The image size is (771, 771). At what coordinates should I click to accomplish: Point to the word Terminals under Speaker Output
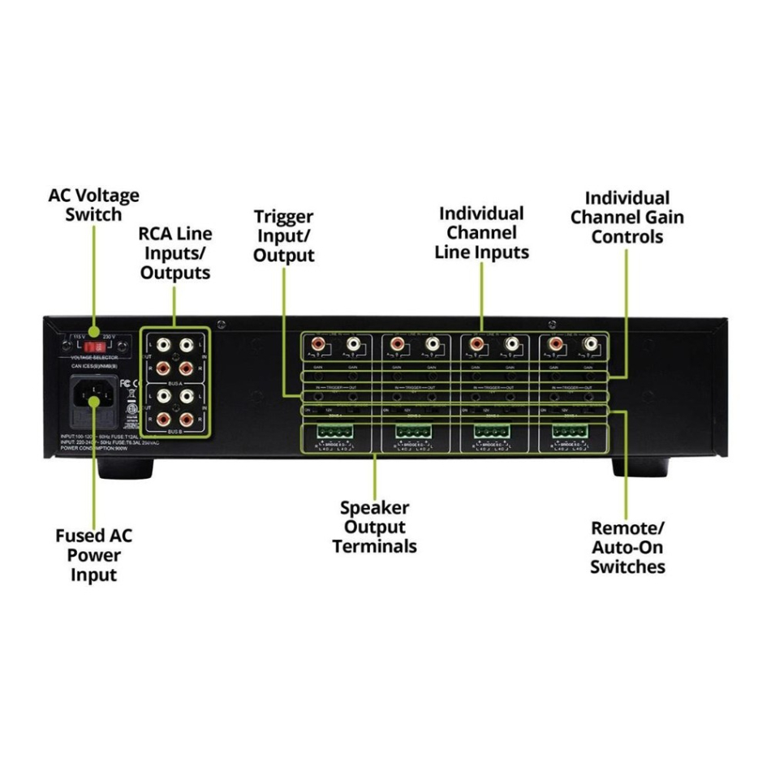374,546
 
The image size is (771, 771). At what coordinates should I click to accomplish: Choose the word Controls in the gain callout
627,237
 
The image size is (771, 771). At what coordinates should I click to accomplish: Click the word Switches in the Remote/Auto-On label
627,566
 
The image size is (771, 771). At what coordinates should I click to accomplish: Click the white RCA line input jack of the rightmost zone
591,344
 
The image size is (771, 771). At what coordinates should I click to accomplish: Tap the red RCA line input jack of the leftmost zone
317,344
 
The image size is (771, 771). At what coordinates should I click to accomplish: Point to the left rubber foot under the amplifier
125,468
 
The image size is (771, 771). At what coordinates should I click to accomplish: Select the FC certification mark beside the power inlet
126,383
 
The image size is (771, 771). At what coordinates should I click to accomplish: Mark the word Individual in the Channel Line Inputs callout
481,213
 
